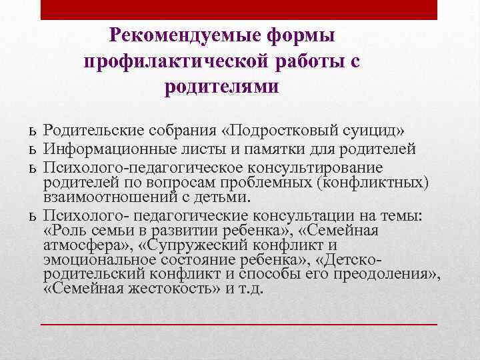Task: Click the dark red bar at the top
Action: pyautogui.click(x=239, y=9)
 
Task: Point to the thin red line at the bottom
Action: pyautogui.click(x=239, y=323)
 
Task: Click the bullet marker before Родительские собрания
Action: pyautogui.click(x=32, y=129)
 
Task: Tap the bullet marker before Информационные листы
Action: pyautogui.click(x=32, y=147)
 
